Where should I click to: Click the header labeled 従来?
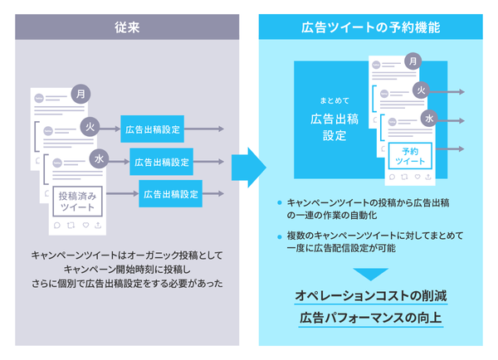(x=127, y=27)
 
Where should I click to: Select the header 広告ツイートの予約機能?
(x=370, y=27)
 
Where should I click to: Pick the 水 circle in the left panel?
(x=99, y=158)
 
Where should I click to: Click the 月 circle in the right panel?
(x=413, y=61)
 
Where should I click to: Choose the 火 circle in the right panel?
(x=421, y=89)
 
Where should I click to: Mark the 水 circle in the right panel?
(x=429, y=118)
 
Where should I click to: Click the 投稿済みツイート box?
(x=77, y=201)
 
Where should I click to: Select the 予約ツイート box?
(x=409, y=155)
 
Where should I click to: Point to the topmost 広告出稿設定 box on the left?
(x=152, y=129)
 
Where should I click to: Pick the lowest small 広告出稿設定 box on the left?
(x=170, y=194)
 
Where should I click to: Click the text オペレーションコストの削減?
(x=370, y=296)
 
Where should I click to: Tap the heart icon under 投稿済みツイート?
(x=85, y=226)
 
